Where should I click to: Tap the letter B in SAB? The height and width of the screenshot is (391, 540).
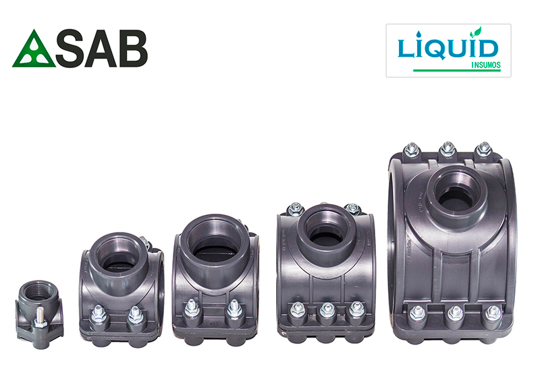coord(133,49)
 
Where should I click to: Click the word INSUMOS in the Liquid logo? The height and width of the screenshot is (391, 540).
coord(485,65)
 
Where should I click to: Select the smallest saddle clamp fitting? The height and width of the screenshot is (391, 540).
coord(39,314)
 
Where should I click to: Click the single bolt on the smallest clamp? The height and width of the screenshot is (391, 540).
coord(38,318)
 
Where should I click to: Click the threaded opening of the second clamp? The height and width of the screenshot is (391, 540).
coord(119,253)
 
